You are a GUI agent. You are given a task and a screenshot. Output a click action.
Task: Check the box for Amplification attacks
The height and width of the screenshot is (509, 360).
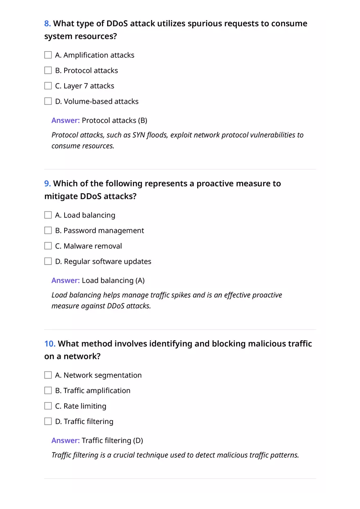(48, 55)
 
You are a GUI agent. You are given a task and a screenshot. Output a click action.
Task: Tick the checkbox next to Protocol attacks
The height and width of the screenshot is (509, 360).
(48, 70)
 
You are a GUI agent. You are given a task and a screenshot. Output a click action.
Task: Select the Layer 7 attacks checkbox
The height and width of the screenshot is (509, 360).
(48, 86)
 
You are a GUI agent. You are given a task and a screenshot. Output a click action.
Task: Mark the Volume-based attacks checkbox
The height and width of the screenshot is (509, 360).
(48, 101)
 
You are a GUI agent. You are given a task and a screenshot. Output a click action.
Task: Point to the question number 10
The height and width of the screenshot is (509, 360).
(49, 344)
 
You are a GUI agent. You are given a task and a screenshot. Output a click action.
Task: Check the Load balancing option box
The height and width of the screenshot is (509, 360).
(48, 215)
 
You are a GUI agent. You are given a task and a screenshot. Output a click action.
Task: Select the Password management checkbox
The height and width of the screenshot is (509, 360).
(48, 231)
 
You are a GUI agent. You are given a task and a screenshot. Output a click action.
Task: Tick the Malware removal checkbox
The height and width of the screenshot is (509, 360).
(48, 246)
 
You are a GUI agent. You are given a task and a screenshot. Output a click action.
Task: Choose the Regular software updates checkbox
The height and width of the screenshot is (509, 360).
(48, 261)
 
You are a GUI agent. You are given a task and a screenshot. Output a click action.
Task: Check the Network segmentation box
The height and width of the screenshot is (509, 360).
(48, 375)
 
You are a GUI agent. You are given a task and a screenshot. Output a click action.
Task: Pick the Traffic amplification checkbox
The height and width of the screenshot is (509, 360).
(48, 391)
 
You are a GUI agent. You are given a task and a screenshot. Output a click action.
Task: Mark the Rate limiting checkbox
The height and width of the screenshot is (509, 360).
(48, 406)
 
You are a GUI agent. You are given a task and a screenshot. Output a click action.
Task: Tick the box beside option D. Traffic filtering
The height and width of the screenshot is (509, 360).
(48, 421)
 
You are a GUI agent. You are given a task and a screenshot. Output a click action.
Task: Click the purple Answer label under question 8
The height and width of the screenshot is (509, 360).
(65, 120)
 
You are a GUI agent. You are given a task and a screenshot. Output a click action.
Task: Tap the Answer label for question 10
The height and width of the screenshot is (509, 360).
(65, 441)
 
